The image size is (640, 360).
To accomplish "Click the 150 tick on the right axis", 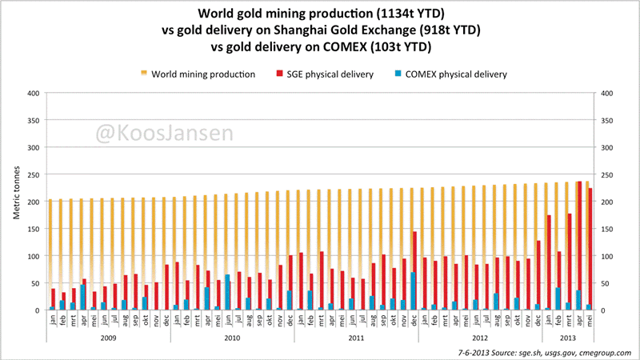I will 606,229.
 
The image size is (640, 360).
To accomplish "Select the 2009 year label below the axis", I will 108,338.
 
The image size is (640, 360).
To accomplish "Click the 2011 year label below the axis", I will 356,338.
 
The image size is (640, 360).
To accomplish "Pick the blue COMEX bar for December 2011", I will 413,291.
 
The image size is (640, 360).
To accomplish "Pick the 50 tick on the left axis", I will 35,283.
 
